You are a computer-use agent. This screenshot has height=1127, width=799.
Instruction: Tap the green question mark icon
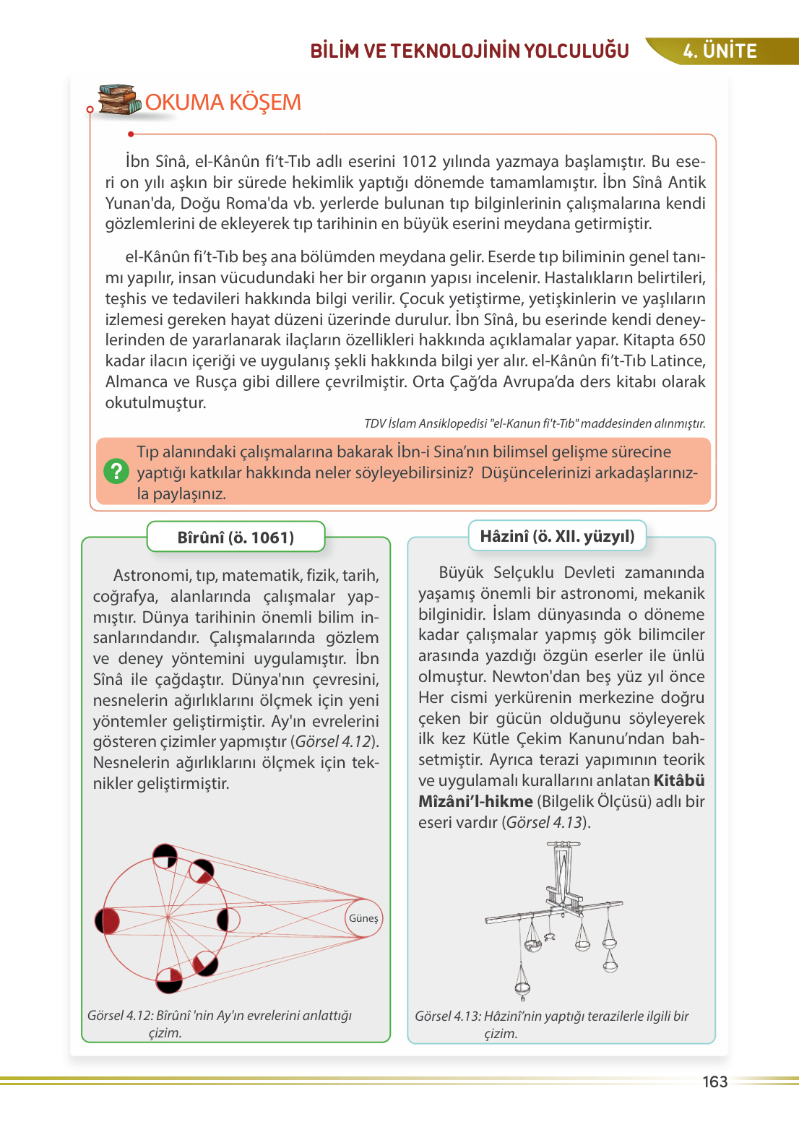(116, 472)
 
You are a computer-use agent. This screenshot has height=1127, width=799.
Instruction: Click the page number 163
(714, 1081)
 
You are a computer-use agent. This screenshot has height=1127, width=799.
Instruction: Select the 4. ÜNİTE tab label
(720, 51)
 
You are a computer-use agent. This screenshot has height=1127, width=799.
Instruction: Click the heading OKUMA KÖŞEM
(223, 103)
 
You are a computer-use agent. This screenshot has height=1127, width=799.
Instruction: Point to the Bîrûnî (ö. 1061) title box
(236, 537)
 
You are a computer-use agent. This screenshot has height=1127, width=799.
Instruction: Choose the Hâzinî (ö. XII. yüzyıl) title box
(557, 536)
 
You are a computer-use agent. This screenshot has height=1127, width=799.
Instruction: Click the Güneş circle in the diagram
(363, 918)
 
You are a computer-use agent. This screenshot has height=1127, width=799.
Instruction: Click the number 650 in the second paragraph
(692, 340)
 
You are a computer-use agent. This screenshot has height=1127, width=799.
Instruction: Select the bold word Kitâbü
(679, 781)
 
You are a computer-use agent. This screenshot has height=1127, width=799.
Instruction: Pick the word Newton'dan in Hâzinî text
(531, 677)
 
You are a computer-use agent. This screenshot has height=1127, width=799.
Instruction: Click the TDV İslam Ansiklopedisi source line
(535, 423)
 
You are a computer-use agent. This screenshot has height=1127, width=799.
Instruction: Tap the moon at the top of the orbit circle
(165, 855)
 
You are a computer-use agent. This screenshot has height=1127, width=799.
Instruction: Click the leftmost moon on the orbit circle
(108, 921)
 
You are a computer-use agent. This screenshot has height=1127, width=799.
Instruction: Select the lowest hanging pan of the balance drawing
(522, 988)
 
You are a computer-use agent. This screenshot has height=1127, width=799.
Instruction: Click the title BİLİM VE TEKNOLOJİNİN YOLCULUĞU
(470, 51)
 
